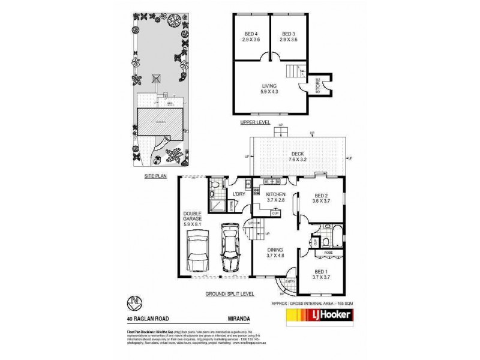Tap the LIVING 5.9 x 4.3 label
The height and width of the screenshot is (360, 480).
[x=269, y=89]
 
